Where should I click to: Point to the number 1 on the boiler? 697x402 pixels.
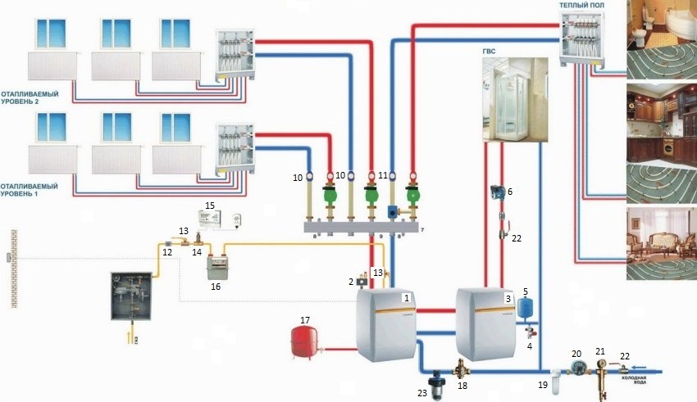click(404, 299)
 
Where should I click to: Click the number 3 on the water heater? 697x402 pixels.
click(508, 300)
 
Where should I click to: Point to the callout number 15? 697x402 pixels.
click(210, 204)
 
